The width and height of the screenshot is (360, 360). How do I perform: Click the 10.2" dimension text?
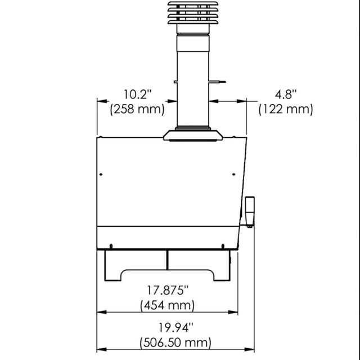(x=138, y=94)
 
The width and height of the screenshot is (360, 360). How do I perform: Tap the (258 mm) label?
(x=137, y=109)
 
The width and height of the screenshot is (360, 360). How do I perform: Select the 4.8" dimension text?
(x=286, y=94)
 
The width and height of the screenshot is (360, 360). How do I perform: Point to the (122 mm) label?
(x=286, y=109)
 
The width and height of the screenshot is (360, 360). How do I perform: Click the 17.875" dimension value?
(x=168, y=290)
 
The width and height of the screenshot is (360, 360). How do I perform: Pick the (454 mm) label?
(x=168, y=305)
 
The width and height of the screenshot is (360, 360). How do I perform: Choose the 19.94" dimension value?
(x=176, y=327)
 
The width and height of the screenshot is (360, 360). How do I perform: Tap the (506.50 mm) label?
(x=175, y=343)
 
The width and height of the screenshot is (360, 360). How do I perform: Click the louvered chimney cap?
(x=193, y=13)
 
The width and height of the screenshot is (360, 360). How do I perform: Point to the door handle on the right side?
(x=250, y=211)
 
